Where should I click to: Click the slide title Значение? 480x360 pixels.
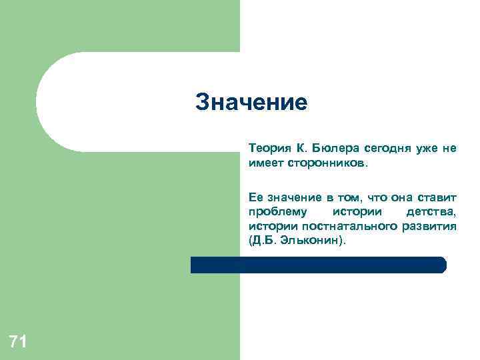(251, 103)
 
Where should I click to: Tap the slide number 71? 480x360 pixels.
(18, 343)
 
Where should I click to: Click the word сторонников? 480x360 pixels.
(328, 162)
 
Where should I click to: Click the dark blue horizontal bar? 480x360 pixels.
(318, 265)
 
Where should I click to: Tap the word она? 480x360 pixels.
(396, 197)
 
